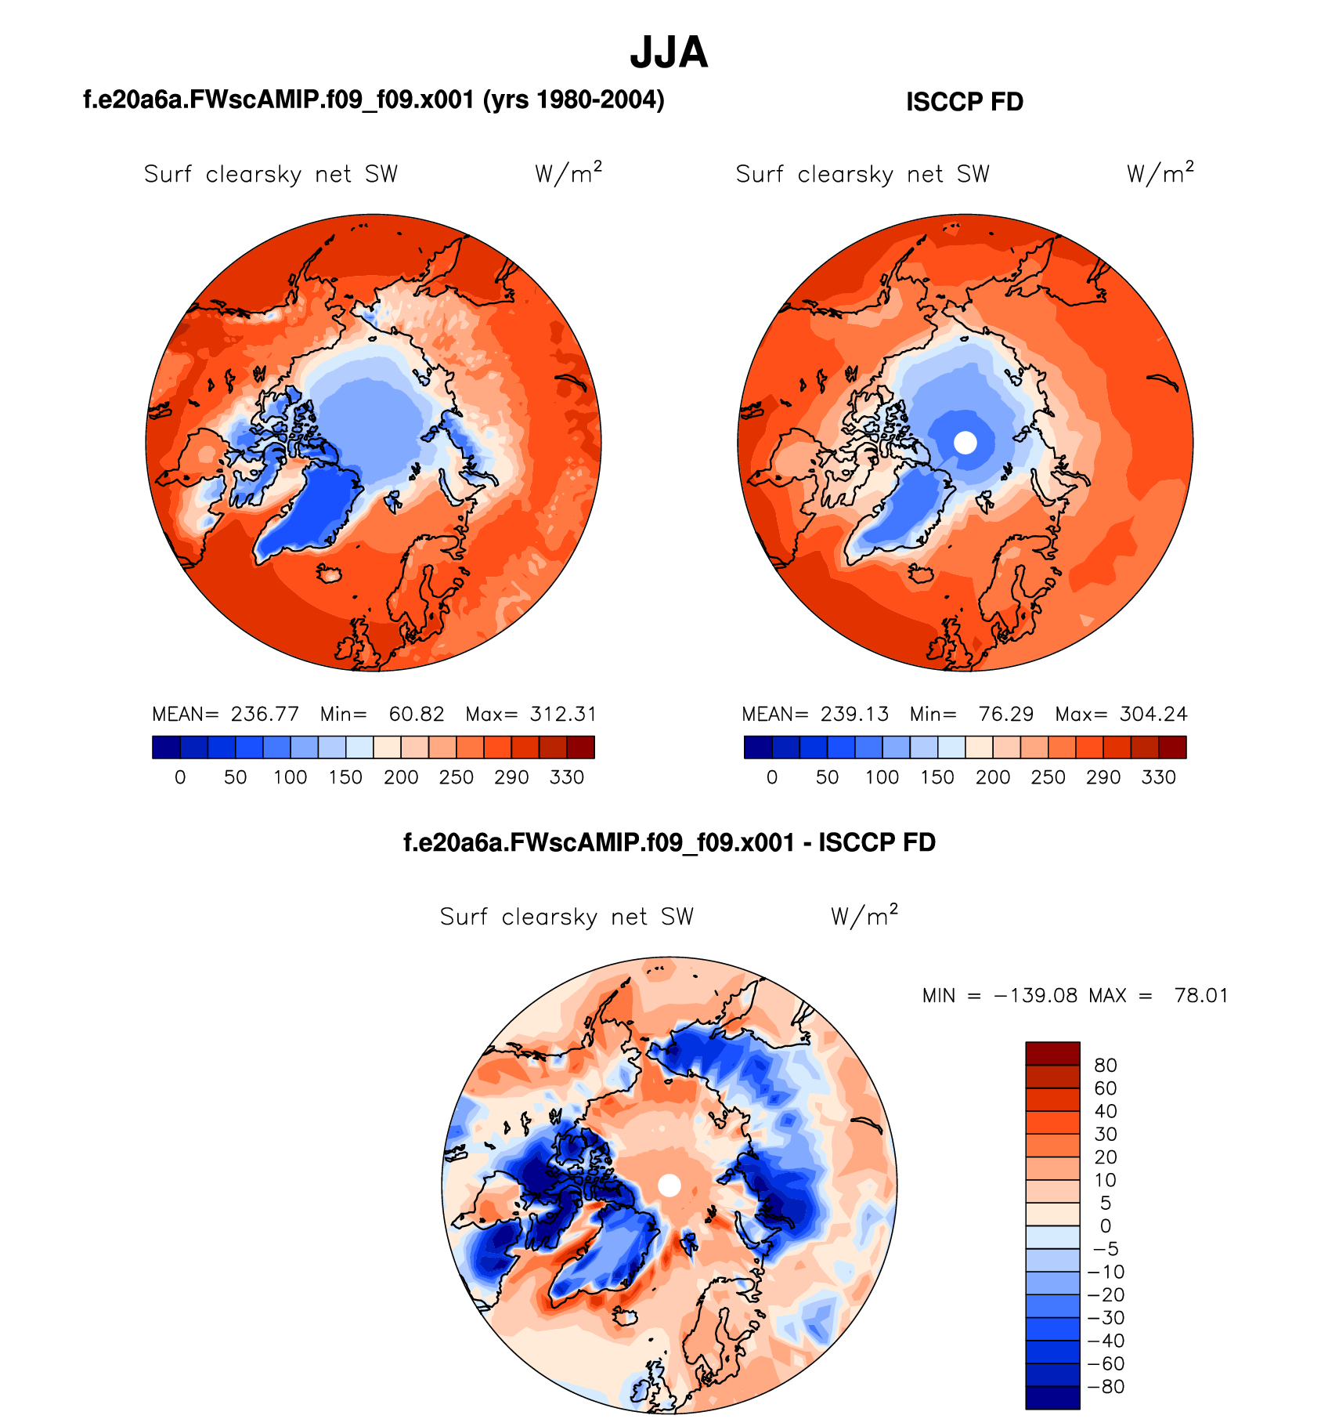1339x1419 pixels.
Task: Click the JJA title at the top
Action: click(x=669, y=53)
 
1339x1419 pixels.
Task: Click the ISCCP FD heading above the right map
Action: click(x=964, y=102)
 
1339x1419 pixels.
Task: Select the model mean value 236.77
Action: click(x=265, y=714)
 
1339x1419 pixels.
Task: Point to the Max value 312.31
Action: click(x=563, y=714)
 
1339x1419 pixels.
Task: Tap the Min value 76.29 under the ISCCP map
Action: click(x=1005, y=714)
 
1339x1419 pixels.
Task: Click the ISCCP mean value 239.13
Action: click(x=854, y=714)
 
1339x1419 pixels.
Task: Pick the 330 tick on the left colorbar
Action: click(x=567, y=777)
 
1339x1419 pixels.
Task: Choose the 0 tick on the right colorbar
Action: click(x=772, y=777)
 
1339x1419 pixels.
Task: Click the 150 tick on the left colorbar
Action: click(x=345, y=777)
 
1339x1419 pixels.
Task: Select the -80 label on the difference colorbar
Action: click(x=1106, y=1387)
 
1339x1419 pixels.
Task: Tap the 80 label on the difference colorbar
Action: click(x=1106, y=1065)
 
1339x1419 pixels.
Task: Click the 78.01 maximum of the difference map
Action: click(x=1201, y=996)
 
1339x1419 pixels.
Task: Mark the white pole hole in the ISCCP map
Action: click(x=965, y=443)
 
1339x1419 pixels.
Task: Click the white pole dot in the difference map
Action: click(x=669, y=1186)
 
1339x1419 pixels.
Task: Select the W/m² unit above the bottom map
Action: click(x=864, y=915)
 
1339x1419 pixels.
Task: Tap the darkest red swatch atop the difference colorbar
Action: click(x=1052, y=1053)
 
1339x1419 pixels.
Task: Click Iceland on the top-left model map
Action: click(x=329, y=574)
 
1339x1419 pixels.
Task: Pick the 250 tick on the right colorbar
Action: click(x=1048, y=777)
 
